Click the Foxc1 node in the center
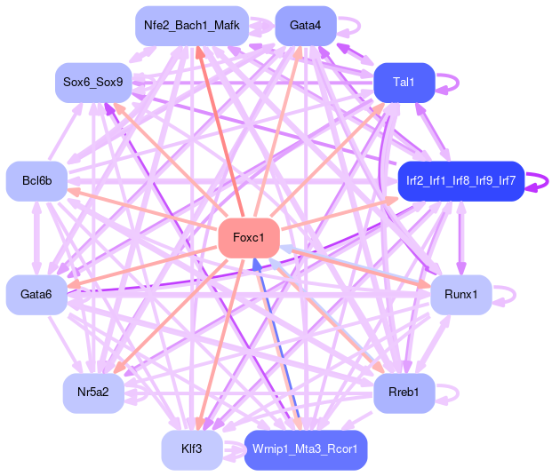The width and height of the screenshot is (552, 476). pos(249,237)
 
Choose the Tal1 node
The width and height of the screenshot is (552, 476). pos(404,83)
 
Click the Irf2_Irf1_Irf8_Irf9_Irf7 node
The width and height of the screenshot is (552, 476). pos(460,180)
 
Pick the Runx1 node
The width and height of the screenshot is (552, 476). pos(460,294)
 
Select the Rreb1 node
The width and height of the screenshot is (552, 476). pos(404,392)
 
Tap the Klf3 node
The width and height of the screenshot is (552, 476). pos(191,448)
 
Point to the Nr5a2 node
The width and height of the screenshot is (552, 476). pos(93,392)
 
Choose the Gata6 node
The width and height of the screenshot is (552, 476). pos(36,294)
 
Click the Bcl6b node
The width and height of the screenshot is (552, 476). pos(36,180)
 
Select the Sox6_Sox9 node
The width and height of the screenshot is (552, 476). pos(92,83)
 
